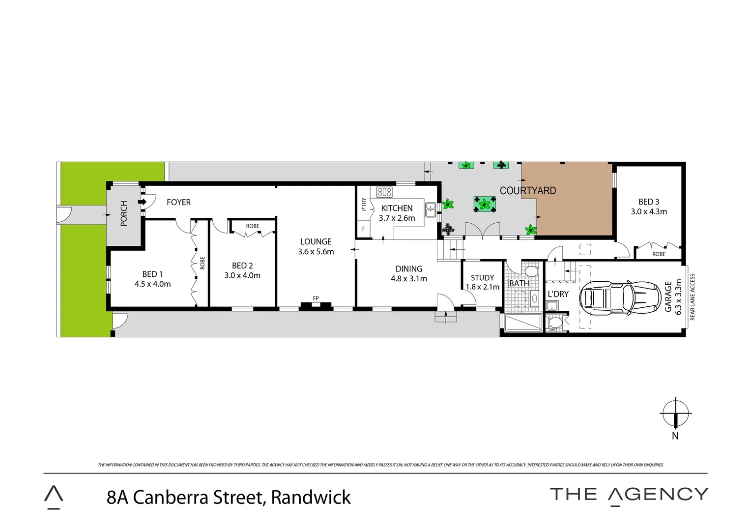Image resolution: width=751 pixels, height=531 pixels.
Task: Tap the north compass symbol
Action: pos(675,414)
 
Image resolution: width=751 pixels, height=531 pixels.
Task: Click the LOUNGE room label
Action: pos(316,241)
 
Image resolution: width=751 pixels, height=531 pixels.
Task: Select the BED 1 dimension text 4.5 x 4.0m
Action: pos(152,284)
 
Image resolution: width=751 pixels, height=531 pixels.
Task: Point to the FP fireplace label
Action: pos(316,298)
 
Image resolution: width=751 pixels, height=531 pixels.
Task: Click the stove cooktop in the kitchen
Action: pos(384,192)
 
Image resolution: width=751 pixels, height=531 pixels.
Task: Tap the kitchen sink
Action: pos(431,210)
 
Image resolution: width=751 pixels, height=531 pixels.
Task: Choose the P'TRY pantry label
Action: pos(364,204)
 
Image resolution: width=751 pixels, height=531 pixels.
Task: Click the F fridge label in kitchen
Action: pos(363,229)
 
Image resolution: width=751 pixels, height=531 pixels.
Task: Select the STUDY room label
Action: pos(482,278)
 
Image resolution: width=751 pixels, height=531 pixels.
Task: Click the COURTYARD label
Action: pos(527,191)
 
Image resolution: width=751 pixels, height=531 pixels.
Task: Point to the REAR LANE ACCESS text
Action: pos(693,297)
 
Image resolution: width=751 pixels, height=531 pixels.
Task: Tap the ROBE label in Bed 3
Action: pos(659,254)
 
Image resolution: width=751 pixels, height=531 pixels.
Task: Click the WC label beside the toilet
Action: pos(553,330)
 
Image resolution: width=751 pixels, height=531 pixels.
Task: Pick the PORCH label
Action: pos(124,213)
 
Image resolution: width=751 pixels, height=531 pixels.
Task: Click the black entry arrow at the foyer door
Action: pos(143,202)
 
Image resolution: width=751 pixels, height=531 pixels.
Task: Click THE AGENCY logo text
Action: pos(629,495)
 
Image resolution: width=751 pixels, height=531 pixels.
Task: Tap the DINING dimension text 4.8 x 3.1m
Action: pos(408,279)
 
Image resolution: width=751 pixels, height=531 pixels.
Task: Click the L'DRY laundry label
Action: pos(558,294)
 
